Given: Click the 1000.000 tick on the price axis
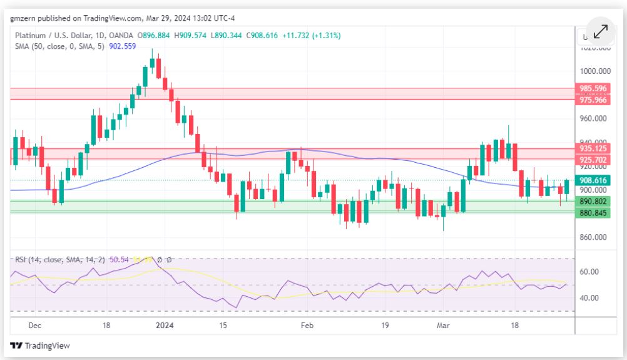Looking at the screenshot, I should pos(594,71).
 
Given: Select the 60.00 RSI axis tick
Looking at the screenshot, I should pos(589,272).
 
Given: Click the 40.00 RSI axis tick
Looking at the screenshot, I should pos(589,298).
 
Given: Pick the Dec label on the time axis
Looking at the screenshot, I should pos(35,326).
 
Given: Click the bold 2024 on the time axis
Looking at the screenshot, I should pos(165,326).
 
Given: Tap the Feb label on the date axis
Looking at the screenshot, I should pos(307,326).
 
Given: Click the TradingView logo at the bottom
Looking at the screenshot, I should pos(40,346).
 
